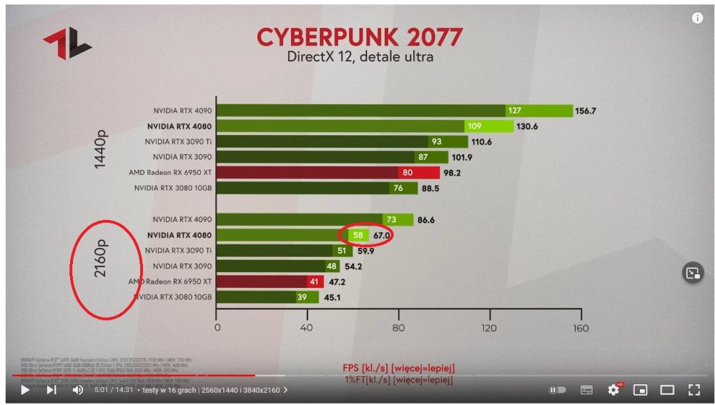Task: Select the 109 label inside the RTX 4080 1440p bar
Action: (473, 126)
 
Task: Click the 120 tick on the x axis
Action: (490, 329)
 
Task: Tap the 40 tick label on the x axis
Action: (307, 329)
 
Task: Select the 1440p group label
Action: (101, 149)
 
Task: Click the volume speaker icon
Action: (78, 390)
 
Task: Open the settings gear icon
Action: (613, 390)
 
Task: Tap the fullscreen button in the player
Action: (693, 390)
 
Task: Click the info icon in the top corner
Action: (697, 19)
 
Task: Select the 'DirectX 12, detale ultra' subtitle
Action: (360, 56)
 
